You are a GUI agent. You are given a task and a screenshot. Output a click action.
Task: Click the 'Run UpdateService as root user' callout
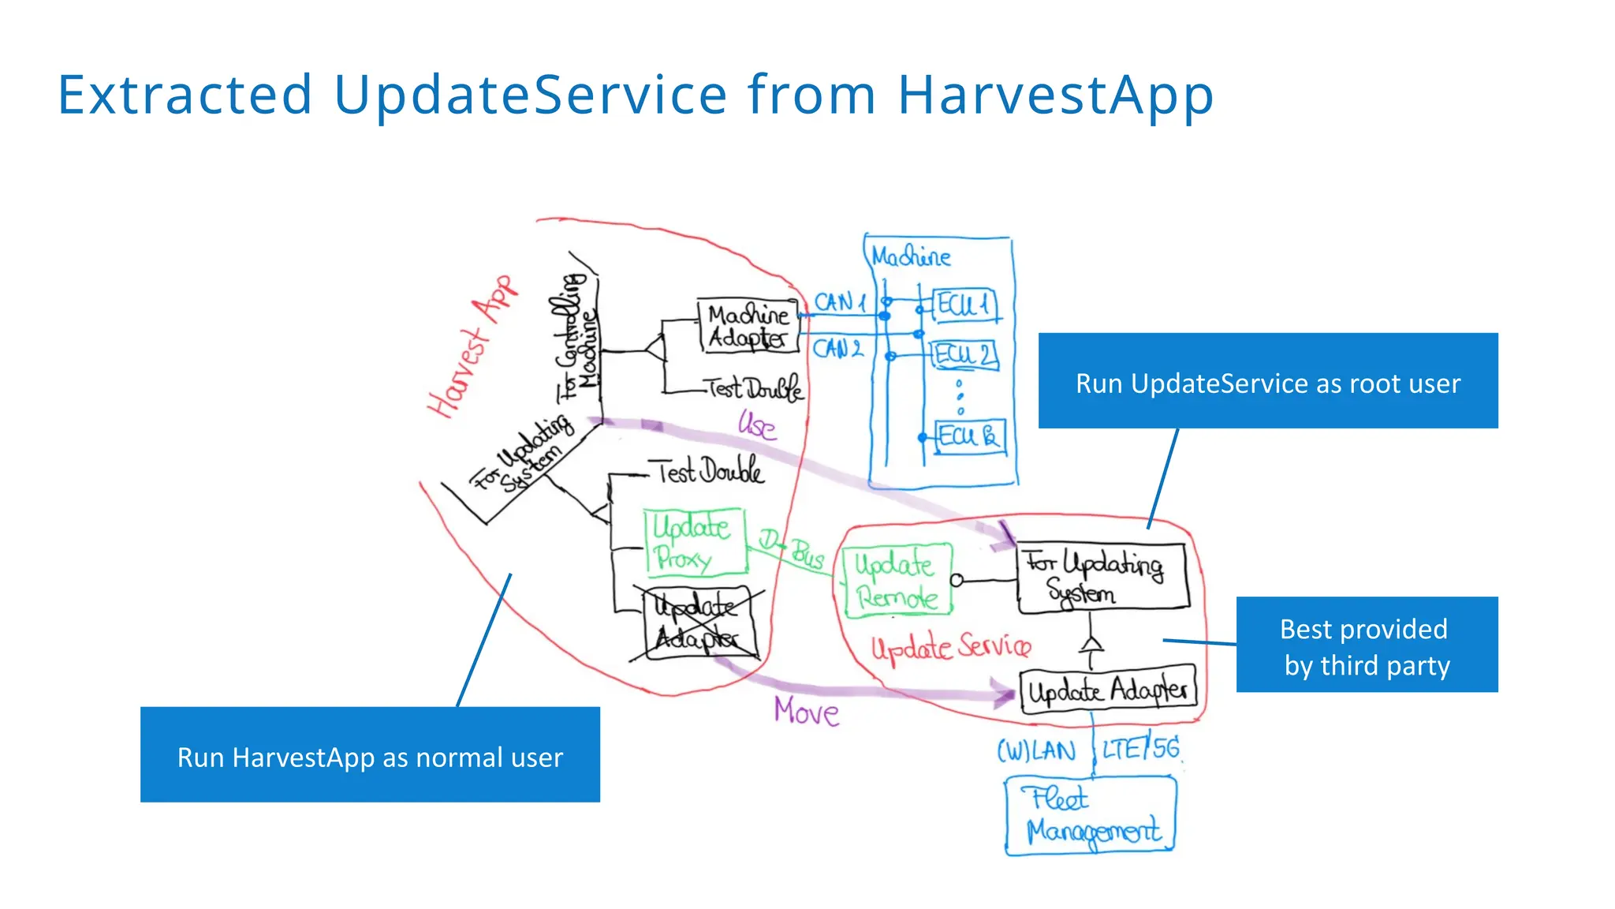coord(1267,380)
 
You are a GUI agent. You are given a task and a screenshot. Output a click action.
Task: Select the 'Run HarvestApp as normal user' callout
coord(370,754)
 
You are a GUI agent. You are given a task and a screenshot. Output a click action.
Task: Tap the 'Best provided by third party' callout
coord(1367,645)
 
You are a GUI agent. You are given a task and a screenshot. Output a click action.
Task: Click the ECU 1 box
coord(964,305)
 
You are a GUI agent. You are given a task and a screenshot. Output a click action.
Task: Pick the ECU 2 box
coord(965,354)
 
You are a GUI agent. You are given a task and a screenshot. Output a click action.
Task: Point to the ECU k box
coord(970,436)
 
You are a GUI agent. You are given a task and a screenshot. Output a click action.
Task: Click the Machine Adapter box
coord(748,325)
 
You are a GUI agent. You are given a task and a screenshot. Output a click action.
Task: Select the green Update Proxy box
coord(695,542)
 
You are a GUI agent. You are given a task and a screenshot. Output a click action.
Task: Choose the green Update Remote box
coord(896,580)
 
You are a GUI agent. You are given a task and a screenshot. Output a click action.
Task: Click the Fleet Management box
coord(1091,816)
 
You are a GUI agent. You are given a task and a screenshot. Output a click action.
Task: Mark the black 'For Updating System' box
coord(1102,578)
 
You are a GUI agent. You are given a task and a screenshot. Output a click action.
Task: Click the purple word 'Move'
coord(806,712)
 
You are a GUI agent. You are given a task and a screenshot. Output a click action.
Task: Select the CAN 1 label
coord(840,302)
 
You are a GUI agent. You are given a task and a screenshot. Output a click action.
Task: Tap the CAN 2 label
coord(837,349)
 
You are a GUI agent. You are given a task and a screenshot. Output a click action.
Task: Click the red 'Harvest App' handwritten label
coord(472,347)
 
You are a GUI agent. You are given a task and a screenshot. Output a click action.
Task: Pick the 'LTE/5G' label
coord(1140,747)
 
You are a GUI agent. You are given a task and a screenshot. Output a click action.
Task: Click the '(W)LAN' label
coord(1036,750)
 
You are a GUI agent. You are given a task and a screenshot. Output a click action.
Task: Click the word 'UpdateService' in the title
coord(530,95)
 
